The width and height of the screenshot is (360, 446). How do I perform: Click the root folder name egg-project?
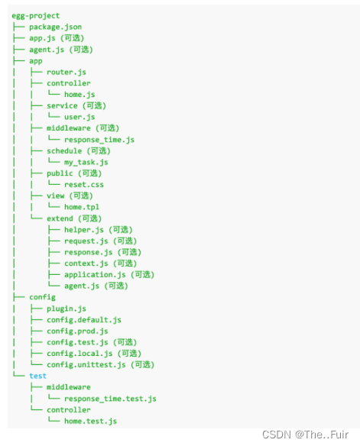[35, 15]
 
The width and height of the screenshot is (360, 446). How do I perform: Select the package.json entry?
[55, 27]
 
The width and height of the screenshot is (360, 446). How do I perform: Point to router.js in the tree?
[66, 72]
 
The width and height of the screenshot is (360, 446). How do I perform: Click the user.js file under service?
[79, 117]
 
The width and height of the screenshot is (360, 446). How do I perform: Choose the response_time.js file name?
[99, 140]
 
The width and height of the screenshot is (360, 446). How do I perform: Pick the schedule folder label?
[64, 150]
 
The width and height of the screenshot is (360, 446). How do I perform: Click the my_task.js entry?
[86, 162]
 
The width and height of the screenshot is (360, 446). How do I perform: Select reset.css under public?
[83, 184]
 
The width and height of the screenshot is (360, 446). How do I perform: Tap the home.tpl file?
[81, 207]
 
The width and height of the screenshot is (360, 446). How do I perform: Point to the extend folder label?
[60, 218]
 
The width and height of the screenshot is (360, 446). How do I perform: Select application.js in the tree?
[95, 274]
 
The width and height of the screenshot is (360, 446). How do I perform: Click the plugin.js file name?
[66, 309]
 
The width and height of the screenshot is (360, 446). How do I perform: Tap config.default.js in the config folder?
[83, 320]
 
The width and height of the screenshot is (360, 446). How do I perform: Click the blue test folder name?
[37, 376]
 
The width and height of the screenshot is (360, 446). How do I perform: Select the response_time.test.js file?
[110, 399]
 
